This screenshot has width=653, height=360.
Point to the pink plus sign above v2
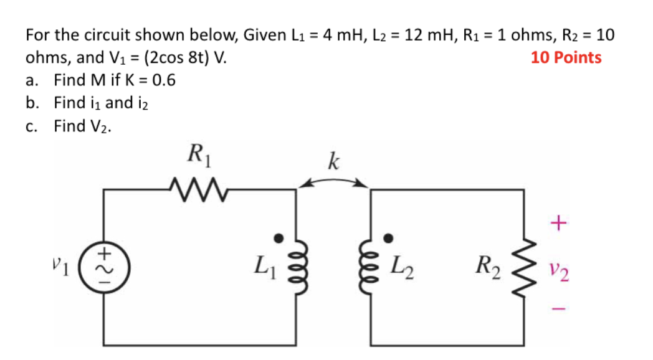click(558, 222)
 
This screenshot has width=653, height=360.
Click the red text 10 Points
click(566, 58)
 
